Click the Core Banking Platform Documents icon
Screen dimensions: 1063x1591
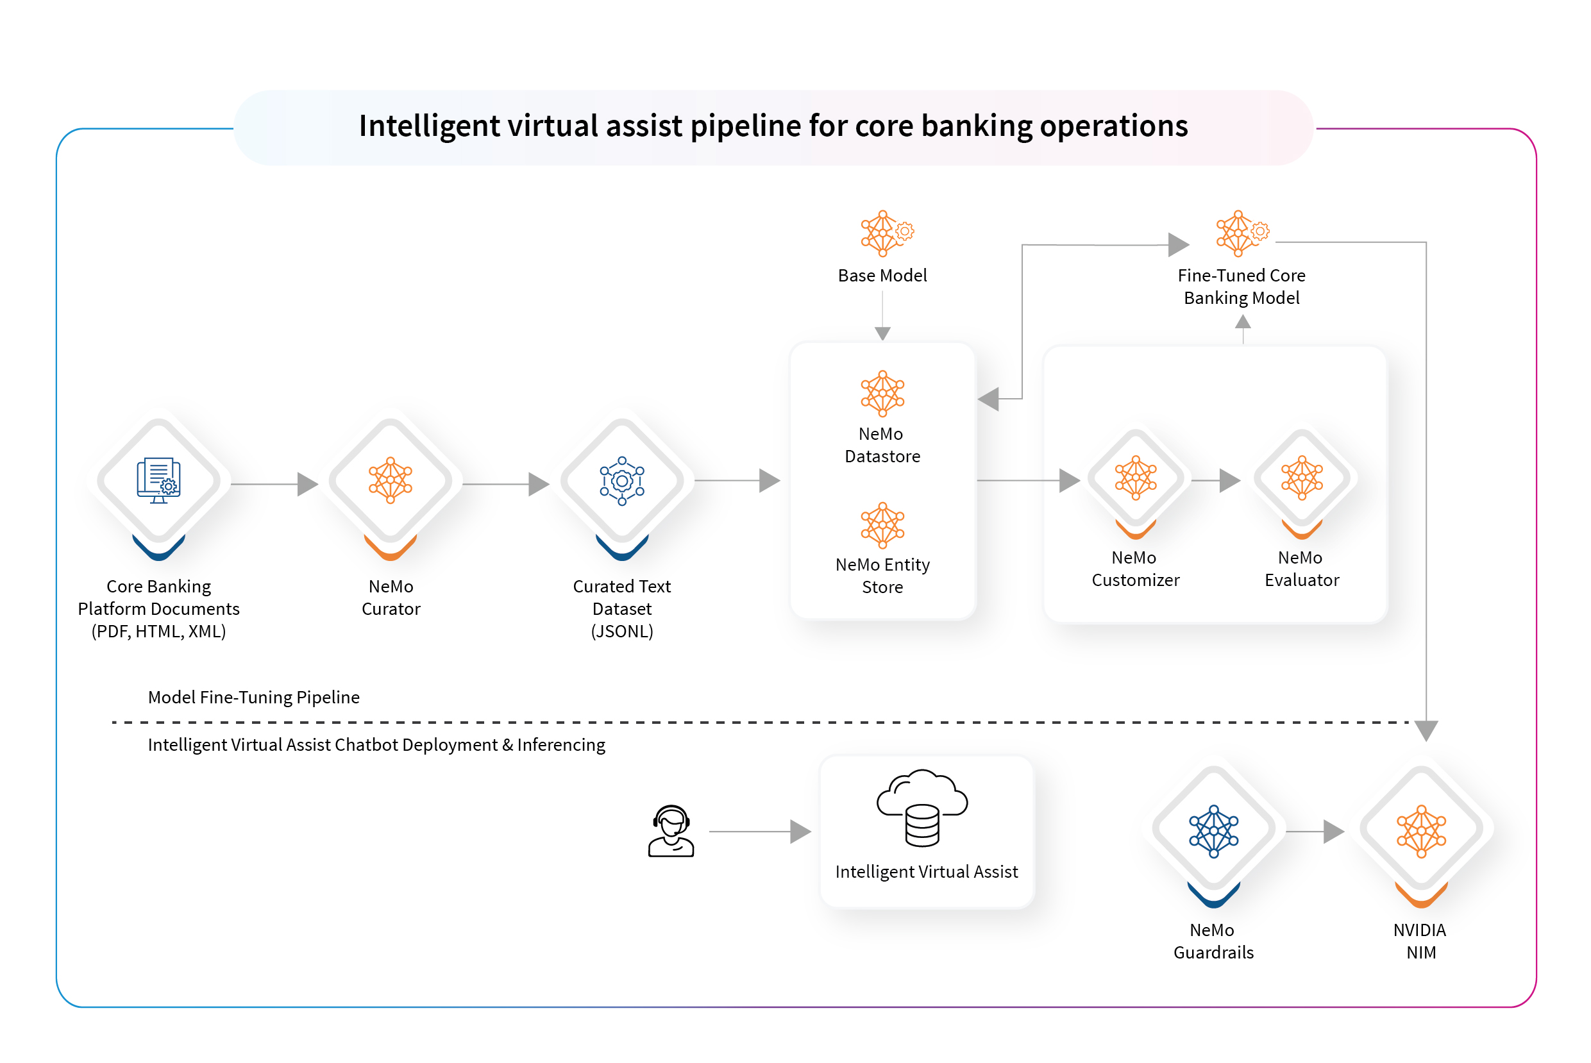158,481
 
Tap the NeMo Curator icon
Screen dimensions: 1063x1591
391,481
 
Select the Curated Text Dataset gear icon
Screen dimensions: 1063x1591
621,481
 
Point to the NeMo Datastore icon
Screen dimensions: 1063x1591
882,393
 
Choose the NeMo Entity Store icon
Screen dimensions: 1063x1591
882,524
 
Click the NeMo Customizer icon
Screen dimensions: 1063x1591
1136,478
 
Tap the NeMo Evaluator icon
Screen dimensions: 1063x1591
1302,478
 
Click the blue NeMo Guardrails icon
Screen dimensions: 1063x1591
1213,831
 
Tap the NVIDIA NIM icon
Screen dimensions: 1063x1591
1421,831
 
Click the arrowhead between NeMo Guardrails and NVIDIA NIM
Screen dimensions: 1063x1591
1333,831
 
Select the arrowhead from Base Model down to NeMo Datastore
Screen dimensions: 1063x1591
882,333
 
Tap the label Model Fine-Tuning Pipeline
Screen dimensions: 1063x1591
253,697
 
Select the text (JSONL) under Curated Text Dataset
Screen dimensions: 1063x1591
621,631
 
